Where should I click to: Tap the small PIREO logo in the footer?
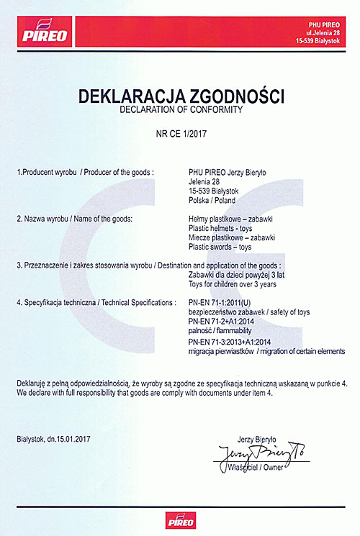pos(179,520)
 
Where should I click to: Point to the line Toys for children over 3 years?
pos(230,284)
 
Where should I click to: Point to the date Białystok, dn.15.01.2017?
pos(55,438)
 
